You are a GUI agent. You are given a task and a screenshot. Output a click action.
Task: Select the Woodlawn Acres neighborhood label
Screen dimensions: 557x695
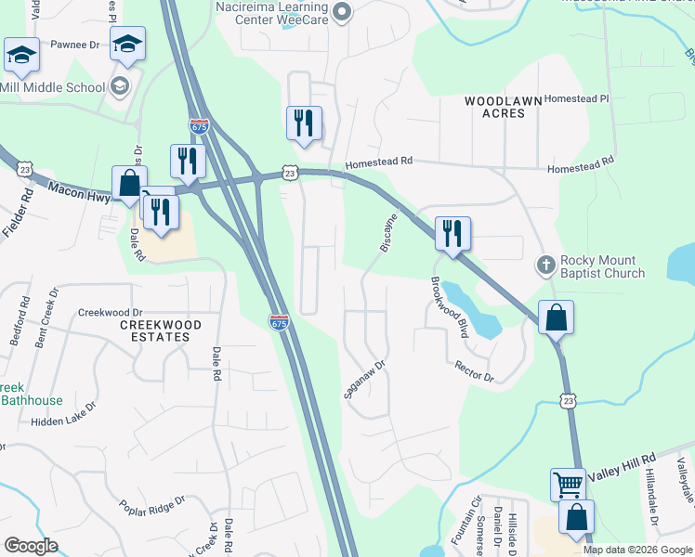coord(495,107)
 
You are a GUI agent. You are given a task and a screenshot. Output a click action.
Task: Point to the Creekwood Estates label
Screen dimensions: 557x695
coord(161,330)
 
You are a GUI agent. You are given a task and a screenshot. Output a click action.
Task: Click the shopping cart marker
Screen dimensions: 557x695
coord(568,484)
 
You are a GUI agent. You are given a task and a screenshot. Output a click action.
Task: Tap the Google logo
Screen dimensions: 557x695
coord(32,546)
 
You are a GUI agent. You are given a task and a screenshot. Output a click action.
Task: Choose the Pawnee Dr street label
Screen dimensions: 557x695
coord(74,45)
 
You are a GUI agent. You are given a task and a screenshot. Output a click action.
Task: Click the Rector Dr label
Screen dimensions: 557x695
coord(474,373)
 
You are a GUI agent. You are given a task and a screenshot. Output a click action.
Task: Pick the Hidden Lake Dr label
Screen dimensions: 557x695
coord(64,414)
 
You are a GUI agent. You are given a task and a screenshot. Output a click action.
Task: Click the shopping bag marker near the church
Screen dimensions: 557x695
coord(556,317)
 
